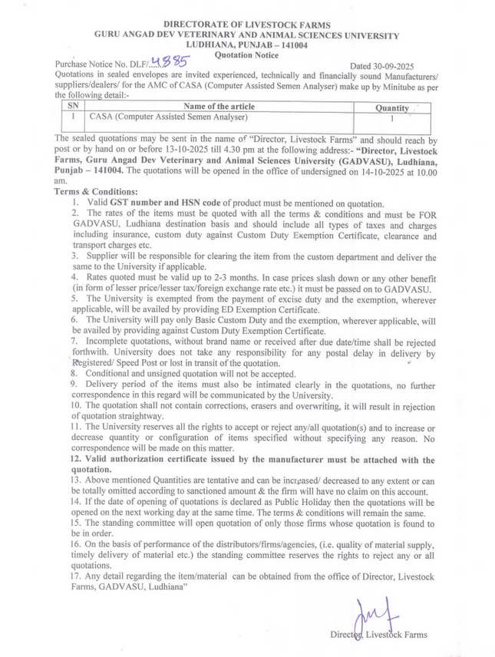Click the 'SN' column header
tap(73, 106)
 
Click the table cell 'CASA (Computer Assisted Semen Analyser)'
tap(169, 118)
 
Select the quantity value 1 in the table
tap(391, 119)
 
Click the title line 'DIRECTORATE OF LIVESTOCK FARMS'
tap(246, 25)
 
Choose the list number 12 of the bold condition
tap(76, 459)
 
